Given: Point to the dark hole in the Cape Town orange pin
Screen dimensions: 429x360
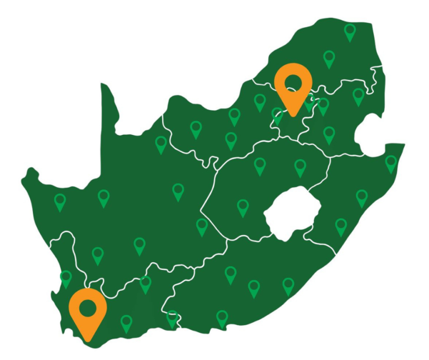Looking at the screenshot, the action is [x=88, y=307].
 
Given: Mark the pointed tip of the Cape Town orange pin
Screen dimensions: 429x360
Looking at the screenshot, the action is [x=88, y=340].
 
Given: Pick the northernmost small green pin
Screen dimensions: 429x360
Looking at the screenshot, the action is [x=350, y=32].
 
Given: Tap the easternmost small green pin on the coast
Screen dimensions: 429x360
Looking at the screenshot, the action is [x=391, y=163].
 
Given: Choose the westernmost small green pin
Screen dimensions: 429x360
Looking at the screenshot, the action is [x=60, y=202].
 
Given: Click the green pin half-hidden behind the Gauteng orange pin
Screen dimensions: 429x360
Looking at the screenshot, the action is [x=309, y=104].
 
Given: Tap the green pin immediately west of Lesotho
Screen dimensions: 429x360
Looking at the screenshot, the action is [x=242, y=207].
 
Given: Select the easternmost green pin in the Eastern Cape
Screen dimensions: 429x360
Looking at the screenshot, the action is [x=288, y=286].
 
